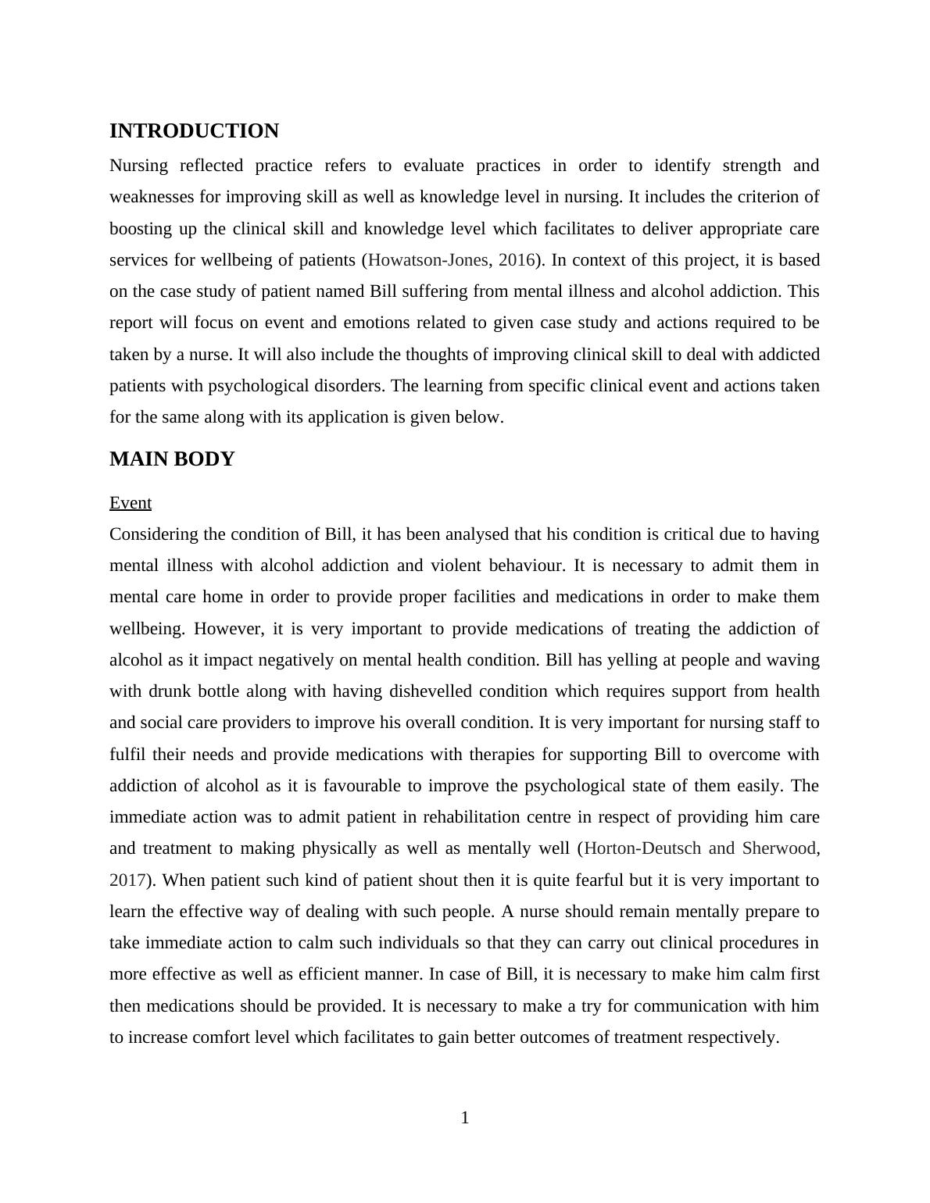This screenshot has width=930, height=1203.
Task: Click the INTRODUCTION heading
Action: tap(194, 131)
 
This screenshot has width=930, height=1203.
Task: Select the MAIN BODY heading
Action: tap(172, 459)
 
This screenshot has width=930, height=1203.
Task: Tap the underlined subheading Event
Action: tap(131, 503)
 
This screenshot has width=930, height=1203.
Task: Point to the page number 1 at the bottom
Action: tap(465, 1119)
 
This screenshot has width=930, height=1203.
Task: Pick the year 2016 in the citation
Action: tap(516, 260)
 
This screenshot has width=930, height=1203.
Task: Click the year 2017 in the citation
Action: tap(126, 880)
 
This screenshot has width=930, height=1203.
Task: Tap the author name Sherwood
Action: tap(778, 848)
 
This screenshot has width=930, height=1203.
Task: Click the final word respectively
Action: tap(731, 1037)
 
